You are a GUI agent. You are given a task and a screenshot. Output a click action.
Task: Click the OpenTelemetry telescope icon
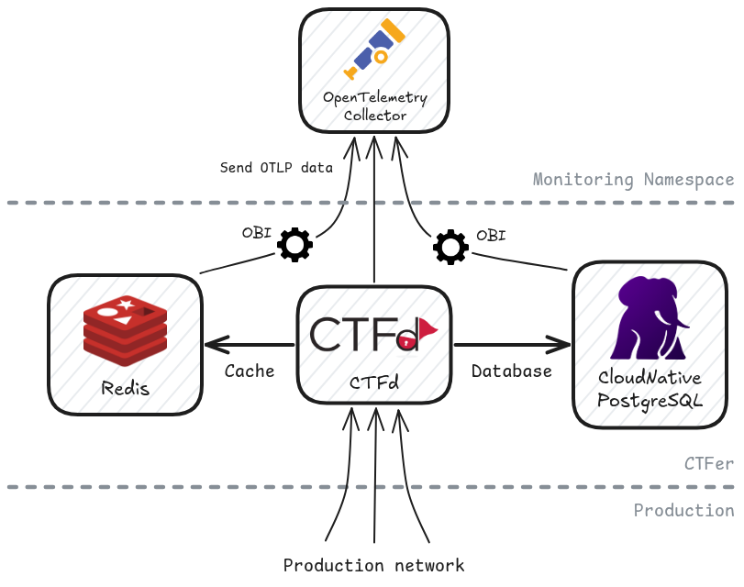tap(374, 51)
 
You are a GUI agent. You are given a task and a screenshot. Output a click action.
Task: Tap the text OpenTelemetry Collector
tap(374, 106)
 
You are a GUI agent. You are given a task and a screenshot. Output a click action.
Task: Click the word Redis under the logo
tap(126, 387)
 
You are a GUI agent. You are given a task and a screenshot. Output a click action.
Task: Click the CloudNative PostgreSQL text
tap(649, 389)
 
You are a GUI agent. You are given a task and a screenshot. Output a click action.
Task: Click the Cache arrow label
tap(250, 371)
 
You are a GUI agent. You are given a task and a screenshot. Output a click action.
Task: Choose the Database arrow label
tap(512, 371)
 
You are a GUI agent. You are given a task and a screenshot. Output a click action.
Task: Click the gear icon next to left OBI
tap(295, 245)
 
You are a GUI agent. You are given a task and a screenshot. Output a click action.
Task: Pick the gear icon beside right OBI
tap(450, 247)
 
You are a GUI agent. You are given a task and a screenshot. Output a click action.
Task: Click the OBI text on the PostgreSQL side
tap(491, 235)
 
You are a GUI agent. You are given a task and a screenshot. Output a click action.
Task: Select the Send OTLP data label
tap(276, 168)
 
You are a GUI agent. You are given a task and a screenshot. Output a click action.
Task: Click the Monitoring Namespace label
tap(634, 180)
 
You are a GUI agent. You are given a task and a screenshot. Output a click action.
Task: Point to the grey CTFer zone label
tap(709, 464)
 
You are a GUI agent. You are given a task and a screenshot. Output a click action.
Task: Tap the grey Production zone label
tap(684, 510)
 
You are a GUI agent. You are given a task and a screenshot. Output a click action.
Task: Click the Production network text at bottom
tap(374, 565)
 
